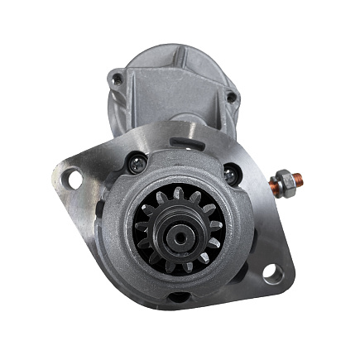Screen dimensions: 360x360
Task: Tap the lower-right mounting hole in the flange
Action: (271, 273)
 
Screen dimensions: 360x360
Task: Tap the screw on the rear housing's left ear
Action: (118, 79)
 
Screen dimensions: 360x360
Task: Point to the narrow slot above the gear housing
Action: (173, 140)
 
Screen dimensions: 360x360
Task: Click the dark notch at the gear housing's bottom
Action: (176, 297)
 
